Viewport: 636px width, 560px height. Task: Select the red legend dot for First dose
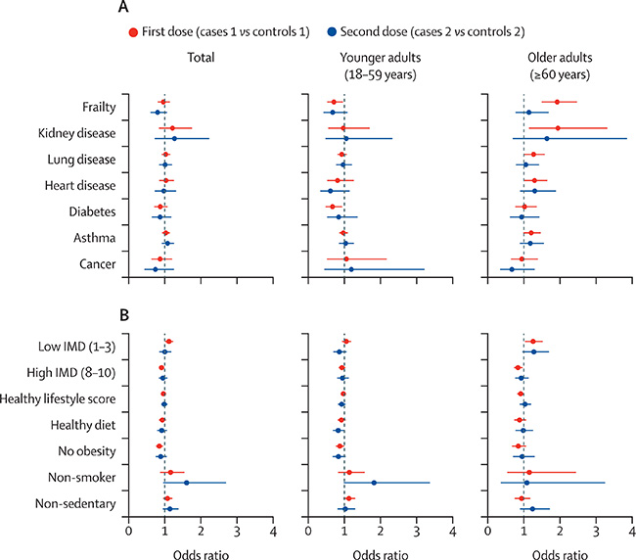pyautogui.click(x=189, y=33)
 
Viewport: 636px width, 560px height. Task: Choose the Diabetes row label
pyautogui.click(x=91, y=211)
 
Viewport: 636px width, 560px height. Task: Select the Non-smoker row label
pyautogui.click(x=85, y=478)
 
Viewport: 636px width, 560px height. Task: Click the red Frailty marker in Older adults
pyautogui.click(x=557, y=102)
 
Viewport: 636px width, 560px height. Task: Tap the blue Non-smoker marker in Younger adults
pyautogui.click(x=374, y=483)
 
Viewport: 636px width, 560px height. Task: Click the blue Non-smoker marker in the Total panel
pyautogui.click(x=186, y=483)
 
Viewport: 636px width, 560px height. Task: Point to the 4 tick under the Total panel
pyautogui.click(x=273, y=533)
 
